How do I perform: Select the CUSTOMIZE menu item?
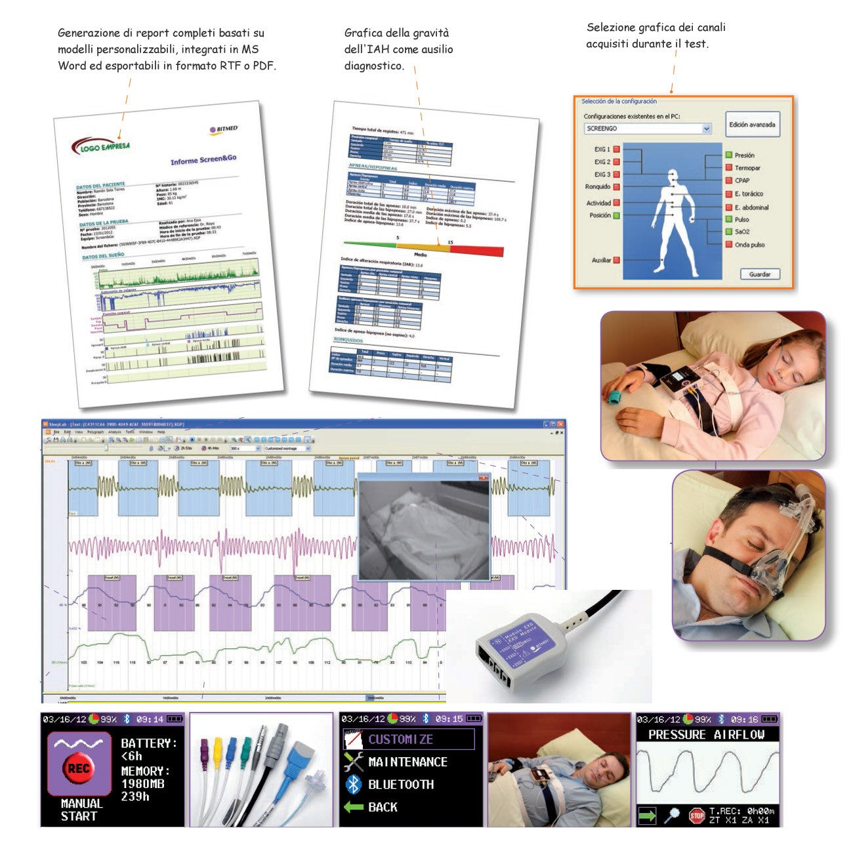point(400,739)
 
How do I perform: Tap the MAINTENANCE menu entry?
point(407,762)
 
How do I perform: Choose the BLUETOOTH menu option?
point(400,784)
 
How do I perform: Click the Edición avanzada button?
point(752,125)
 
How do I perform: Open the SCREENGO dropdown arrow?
point(707,129)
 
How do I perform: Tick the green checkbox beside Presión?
point(728,156)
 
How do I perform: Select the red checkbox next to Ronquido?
point(617,187)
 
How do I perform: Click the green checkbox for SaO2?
point(728,232)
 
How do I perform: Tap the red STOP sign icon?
point(696,816)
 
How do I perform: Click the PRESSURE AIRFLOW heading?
point(707,735)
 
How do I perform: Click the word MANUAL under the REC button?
point(81,803)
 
